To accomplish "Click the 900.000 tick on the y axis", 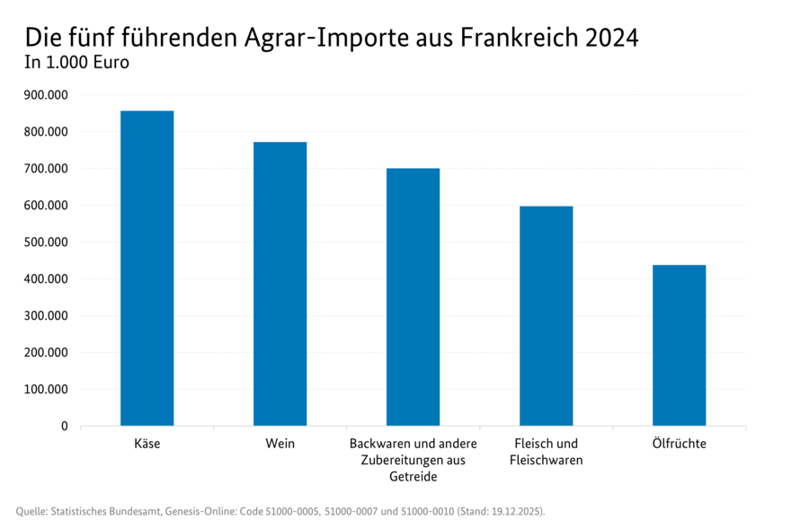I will pyautogui.click(x=44, y=95).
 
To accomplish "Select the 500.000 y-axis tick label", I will pyautogui.click(x=44, y=242).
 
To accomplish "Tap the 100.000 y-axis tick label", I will pyautogui.click(x=44, y=390).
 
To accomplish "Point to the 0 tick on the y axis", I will pyautogui.click(x=64, y=427).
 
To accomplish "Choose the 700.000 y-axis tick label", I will pyautogui.click(x=44, y=169).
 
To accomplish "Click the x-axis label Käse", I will pyautogui.click(x=147, y=445).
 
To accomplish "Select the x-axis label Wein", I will pyautogui.click(x=280, y=445).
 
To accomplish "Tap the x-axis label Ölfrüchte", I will pyautogui.click(x=679, y=445).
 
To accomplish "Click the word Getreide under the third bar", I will pyautogui.click(x=413, y=477).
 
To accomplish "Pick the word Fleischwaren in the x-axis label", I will pyautogui.click(x=546, y=461).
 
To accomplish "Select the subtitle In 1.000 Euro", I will pyautogui.click(x=77, y=64).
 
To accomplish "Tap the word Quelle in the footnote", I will pyautogui.click(x=32, y=511).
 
